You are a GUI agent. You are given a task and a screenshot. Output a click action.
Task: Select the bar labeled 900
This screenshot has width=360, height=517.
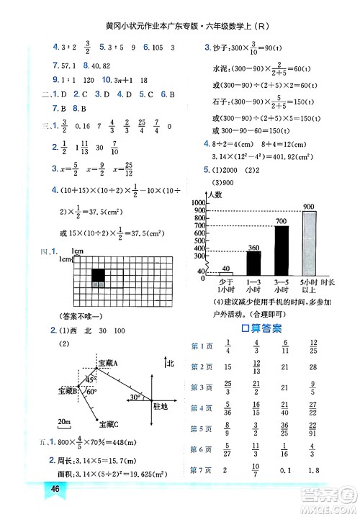(309, 243)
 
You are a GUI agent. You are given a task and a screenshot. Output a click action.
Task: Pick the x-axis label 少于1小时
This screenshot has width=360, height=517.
(225, 285)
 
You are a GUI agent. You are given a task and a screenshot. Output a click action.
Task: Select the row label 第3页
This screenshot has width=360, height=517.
(199, 387)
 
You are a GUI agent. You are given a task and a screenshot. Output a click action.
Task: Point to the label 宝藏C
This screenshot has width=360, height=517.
(109, 423)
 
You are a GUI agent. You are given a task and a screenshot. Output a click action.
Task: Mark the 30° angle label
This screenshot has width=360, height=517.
(135, 397)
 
